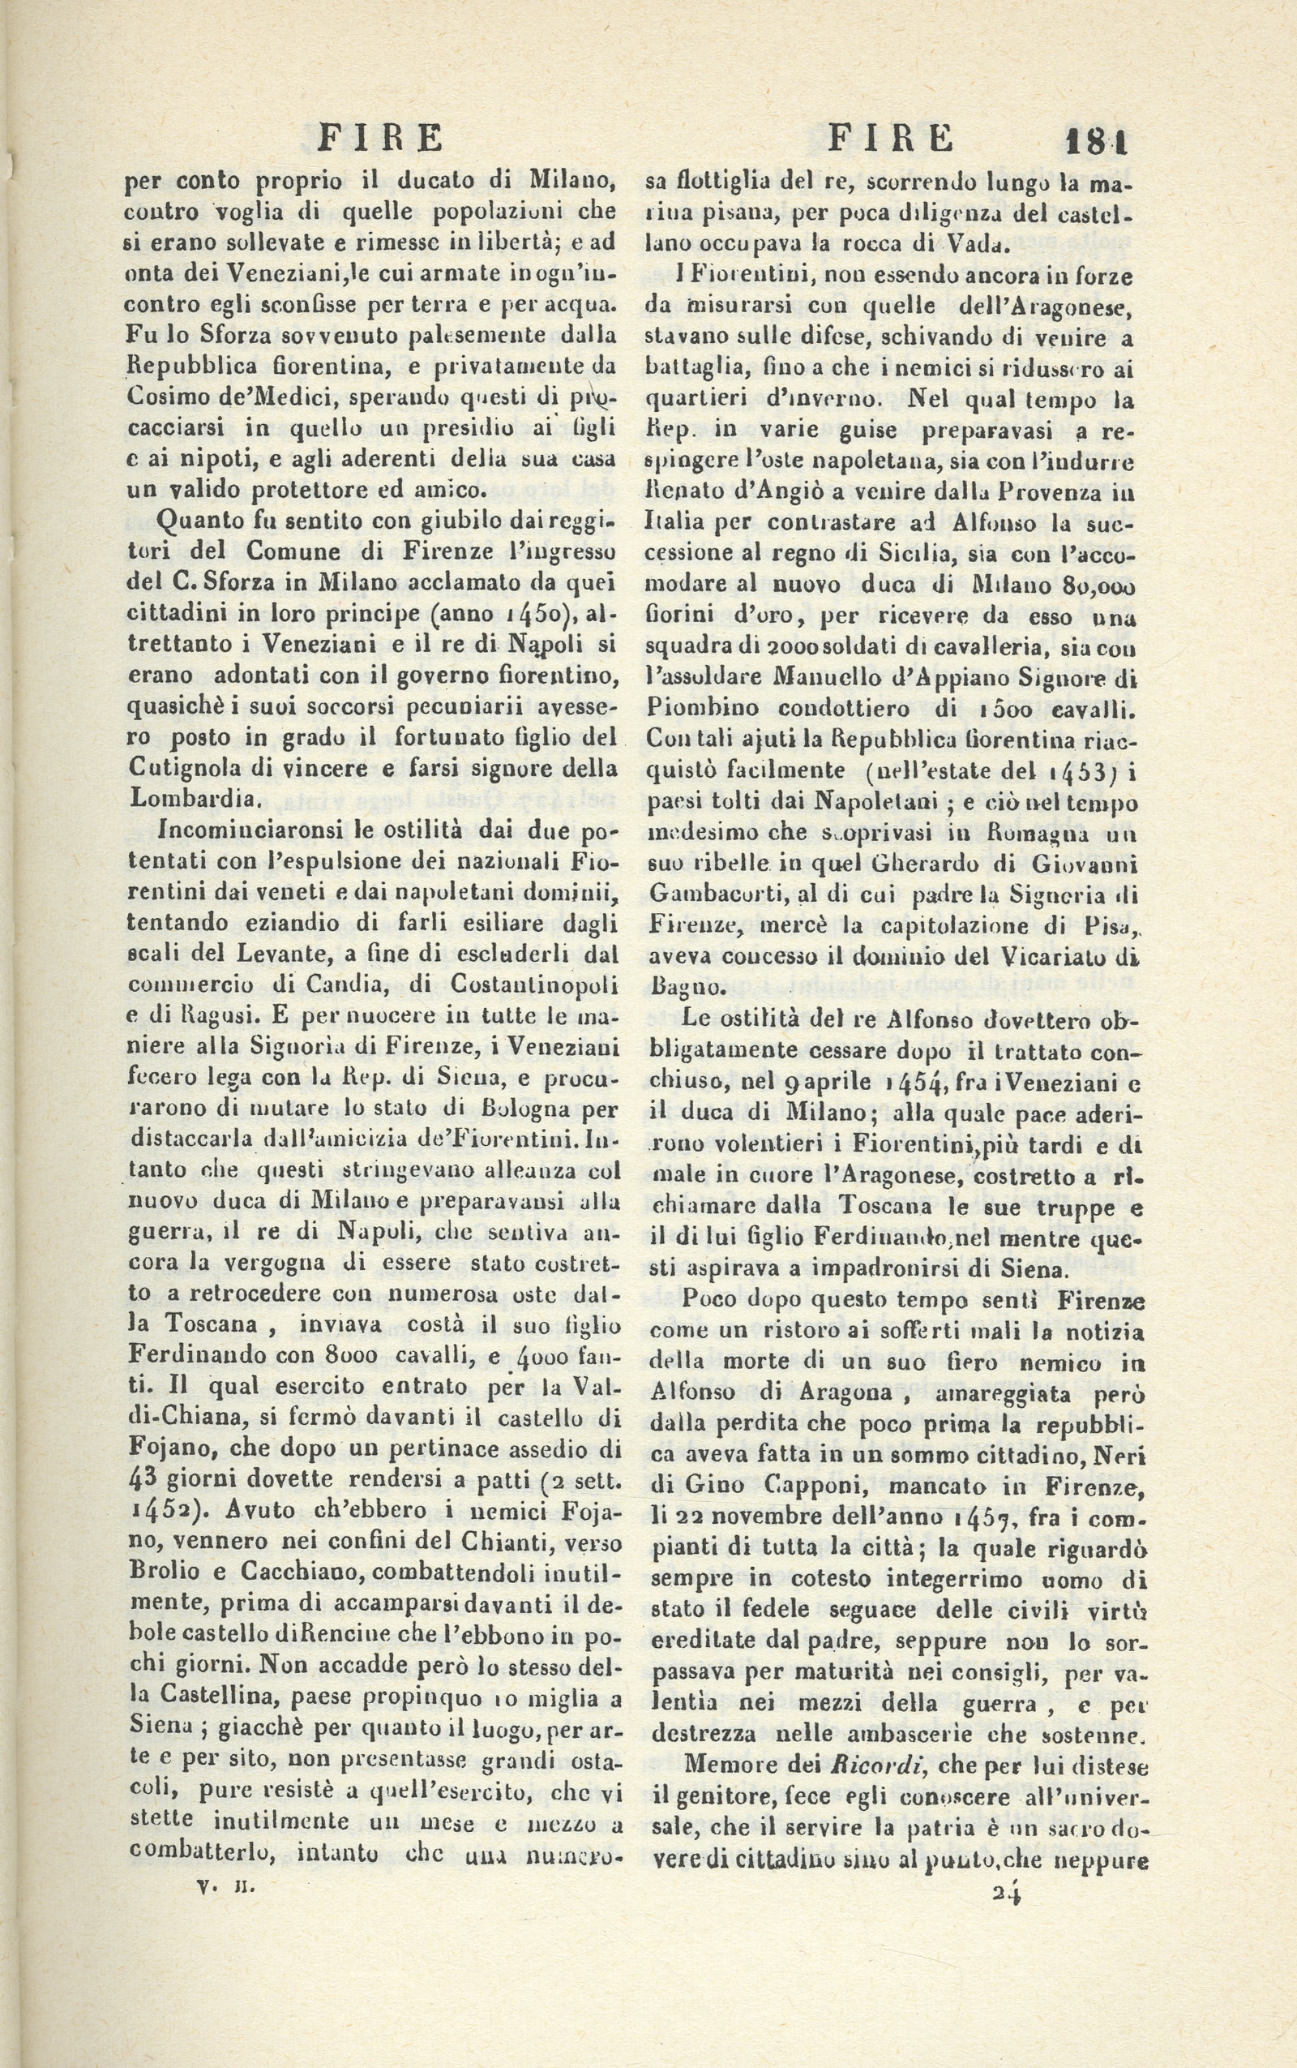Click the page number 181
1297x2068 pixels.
coord(1096,139)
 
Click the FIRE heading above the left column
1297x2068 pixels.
coord(381,137)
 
